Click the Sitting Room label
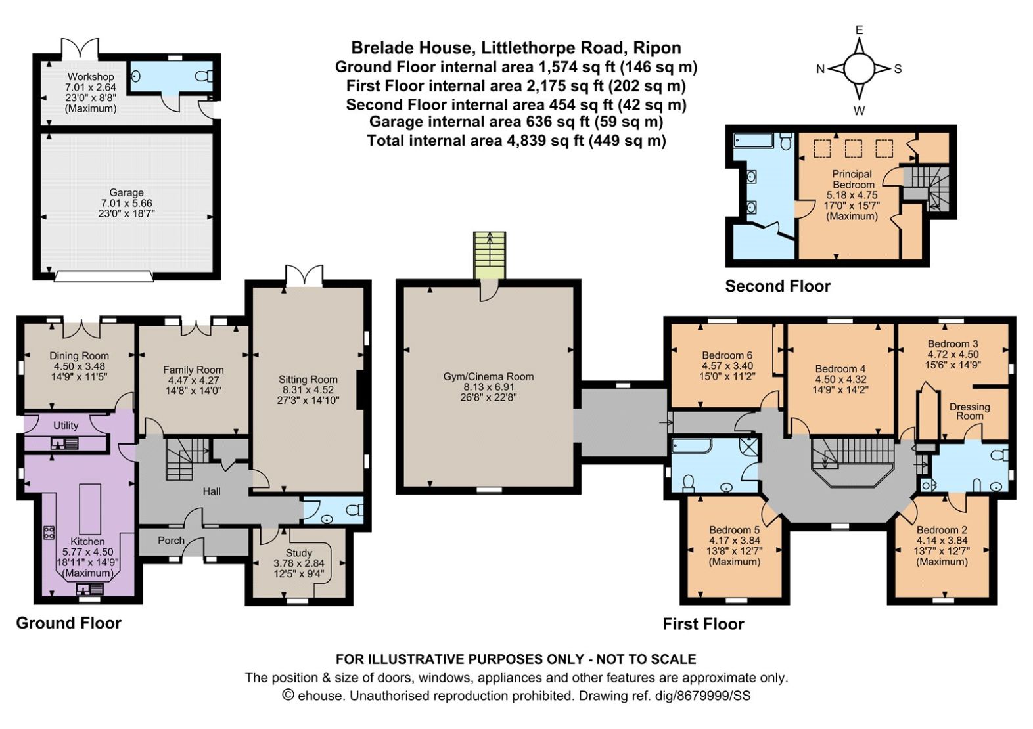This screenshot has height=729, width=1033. pos(308,380)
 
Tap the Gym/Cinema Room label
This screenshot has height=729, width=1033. pos(488,377)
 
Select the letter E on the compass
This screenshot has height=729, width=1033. pos(859,30)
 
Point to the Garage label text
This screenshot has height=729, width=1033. pos(126,192)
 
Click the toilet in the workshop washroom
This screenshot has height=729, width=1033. pos(204,76)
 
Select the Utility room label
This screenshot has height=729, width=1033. pos(66,426)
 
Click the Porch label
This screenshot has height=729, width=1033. pos(171,541)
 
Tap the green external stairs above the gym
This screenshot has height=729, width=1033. pos(490,254)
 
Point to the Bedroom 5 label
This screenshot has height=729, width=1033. pos(734,530)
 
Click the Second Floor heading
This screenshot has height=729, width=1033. pos(777,286)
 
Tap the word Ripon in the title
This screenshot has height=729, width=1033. pos(657,48)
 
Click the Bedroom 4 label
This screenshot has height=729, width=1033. pos(840,369)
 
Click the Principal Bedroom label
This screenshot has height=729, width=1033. pos(852,179)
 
